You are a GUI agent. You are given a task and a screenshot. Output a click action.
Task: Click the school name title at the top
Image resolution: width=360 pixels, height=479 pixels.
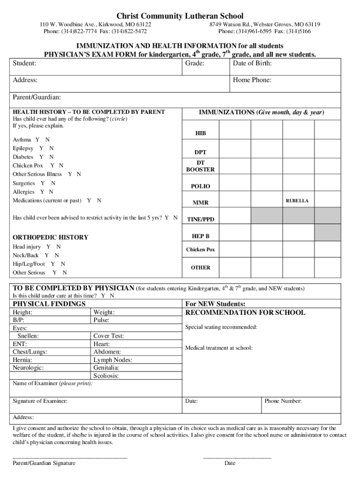tap(180, 16)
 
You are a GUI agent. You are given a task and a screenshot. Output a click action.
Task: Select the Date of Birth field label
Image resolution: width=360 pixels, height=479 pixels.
tap(252, 63)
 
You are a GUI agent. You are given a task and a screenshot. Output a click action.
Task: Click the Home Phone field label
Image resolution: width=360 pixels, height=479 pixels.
tap(252, 80)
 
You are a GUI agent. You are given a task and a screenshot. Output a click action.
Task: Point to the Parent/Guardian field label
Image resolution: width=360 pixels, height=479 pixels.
tap(36, 97)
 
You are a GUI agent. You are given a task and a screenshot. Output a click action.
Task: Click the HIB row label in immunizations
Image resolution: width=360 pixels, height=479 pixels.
tap(200, 134)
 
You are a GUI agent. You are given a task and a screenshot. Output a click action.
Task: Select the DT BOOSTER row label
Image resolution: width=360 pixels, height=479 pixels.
tap(200, 166)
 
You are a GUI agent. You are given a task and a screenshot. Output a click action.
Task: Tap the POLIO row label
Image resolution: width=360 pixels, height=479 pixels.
tap(200, 186)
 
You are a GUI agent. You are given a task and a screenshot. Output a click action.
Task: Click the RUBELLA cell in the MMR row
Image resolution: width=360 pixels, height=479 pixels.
tap(297, 201)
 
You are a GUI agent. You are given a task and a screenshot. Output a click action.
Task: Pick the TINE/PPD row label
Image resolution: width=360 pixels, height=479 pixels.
tap(200, 219)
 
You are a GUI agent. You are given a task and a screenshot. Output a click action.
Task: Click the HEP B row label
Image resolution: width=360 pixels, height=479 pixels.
tap(200, 236)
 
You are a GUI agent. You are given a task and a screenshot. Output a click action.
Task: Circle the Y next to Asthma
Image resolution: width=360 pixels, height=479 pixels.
tap(37, 140)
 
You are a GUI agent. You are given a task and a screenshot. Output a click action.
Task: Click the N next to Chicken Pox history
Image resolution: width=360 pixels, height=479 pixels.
tap(61, 166)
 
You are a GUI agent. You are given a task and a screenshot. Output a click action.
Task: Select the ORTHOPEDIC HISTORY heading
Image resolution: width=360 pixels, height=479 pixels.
tap(50, 237)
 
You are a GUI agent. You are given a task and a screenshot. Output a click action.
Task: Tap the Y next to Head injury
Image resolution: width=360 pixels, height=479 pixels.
tap(48, 247)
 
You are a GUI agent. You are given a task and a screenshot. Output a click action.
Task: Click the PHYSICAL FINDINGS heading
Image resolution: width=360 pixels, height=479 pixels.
tap(49, 304)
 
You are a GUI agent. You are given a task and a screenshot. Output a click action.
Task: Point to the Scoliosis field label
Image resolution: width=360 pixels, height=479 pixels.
tap(106, 376)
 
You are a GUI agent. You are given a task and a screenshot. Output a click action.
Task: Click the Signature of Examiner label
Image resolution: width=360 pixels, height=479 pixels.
tap(40, 401)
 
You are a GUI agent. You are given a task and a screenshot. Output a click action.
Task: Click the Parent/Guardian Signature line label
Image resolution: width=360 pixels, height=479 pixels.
tap(44, 463)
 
